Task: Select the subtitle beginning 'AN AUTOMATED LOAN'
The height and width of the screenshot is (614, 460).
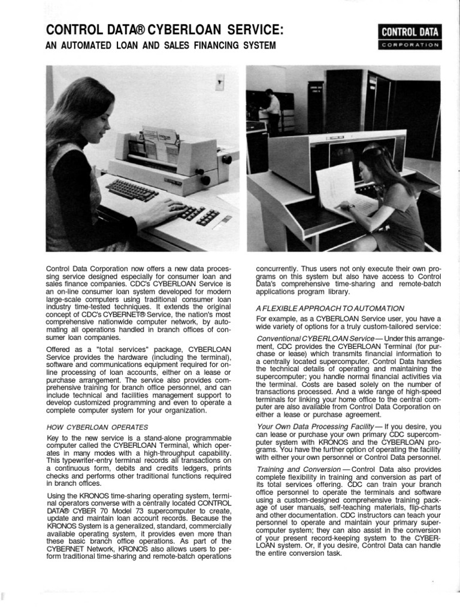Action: point(161,46)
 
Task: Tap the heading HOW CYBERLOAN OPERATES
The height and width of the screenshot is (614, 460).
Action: point(97,427)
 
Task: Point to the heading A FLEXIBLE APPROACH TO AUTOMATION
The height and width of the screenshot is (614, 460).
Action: point(329,308)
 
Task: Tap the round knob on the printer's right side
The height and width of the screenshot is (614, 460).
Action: point(227,159)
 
